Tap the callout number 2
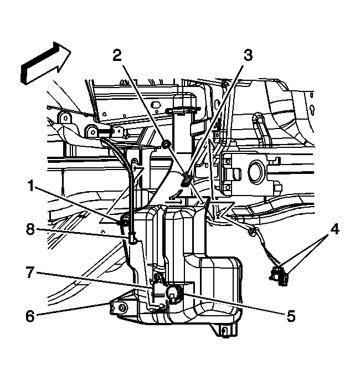tap(117, 55)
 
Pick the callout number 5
tap(290, 317)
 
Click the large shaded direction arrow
tap(44, 64)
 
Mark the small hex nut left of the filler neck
tap(164, 146)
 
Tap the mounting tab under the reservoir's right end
tap(224, 331)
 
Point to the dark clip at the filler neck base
tap(187, 179)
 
